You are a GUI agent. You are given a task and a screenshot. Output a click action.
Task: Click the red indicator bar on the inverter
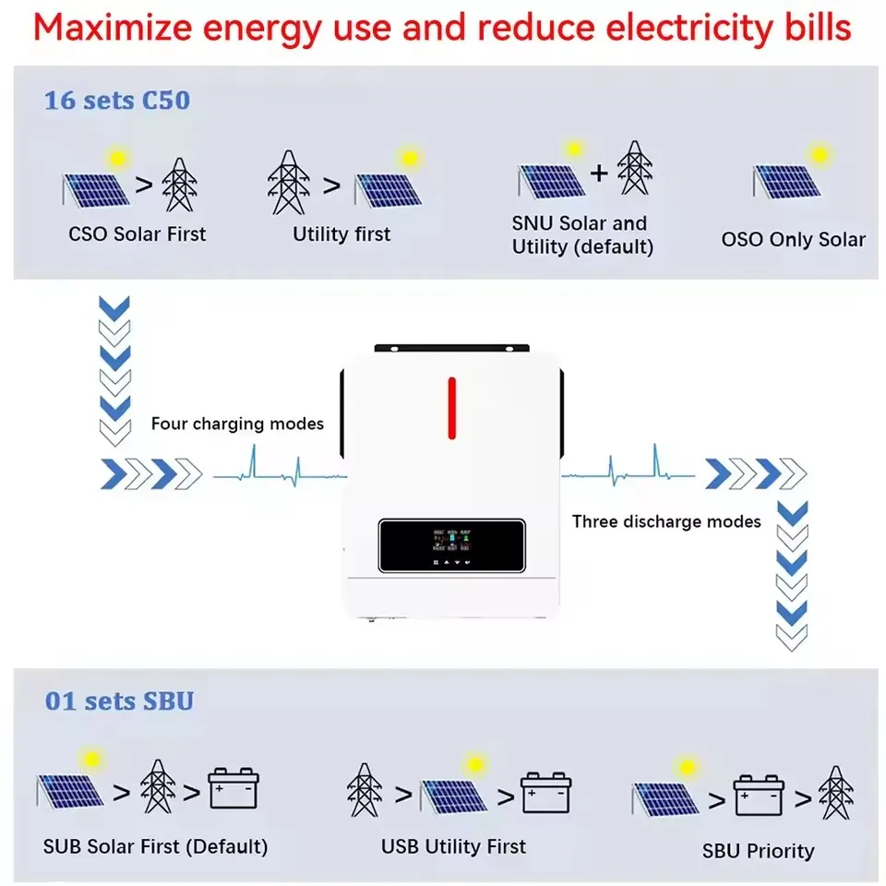coord(451,408)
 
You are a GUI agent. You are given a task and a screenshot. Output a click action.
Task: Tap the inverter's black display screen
coord(451,545)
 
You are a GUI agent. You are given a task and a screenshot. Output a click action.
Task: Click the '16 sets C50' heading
coord(117,100)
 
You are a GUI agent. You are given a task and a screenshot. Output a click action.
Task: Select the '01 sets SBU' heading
coord(119,700)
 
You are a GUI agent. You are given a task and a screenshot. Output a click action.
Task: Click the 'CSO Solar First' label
coord(138,233)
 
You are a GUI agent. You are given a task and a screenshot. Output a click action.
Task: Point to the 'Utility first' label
coord(341,233)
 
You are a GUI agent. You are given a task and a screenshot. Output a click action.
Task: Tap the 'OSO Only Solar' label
coord(793,240)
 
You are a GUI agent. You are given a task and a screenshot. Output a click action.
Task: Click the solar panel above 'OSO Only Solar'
coord(787,181)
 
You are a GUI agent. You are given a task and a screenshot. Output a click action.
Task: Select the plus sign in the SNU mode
coord(599,172)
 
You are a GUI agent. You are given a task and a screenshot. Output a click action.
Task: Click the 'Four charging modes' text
coord(237,424)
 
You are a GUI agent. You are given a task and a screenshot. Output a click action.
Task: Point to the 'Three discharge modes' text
coord(666,521)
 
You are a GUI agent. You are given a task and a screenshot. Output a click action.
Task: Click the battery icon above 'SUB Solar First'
coord(233,790)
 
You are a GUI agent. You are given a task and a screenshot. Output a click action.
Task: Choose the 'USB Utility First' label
coord(453,845)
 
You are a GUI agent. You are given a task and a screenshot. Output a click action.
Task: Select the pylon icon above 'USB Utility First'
coord(365,790)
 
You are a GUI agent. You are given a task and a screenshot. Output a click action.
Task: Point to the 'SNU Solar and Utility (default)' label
coord(581,234)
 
